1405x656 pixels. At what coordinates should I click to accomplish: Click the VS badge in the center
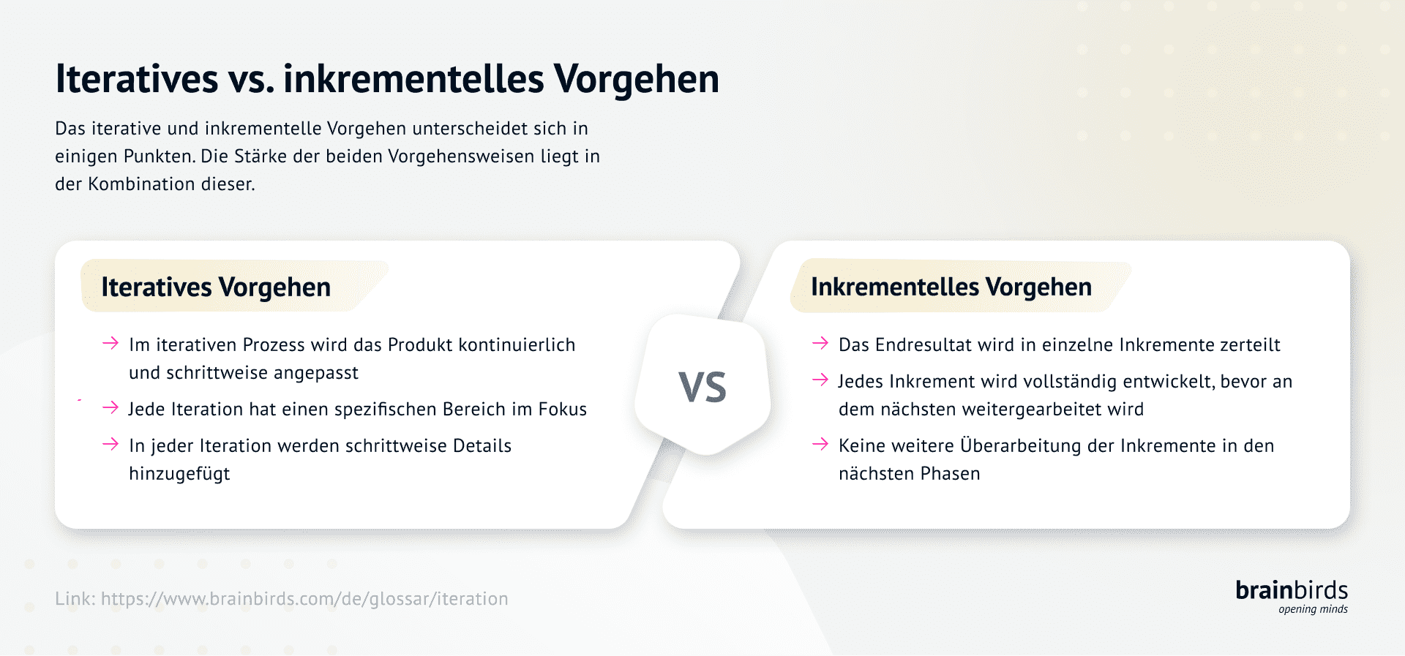click(x=702, y=386)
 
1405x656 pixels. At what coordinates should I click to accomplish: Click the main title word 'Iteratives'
click(x=137, y=79)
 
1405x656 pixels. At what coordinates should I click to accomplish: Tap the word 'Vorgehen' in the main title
click(x=636, y=79)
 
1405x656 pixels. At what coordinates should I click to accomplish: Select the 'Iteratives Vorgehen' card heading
click(x=216, y=287)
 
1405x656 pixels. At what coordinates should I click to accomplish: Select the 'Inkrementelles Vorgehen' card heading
click(x=951, y=287)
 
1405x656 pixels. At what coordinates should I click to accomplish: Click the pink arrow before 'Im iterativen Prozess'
click(x=110, y=344)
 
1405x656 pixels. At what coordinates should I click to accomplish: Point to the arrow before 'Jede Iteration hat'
click(x=110, y=407)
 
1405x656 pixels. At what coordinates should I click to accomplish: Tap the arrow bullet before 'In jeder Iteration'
click(x=110, y=444)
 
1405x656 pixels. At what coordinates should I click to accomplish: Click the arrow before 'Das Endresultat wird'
click(x=820, y=344)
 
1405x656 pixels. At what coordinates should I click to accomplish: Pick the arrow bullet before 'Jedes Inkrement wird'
click(x=820, y=380)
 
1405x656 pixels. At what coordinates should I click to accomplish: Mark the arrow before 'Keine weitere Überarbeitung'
click(x=820, y=444)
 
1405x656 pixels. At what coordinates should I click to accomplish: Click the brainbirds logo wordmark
click(x=1292, y=590)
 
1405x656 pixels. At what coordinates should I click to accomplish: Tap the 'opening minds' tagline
click(x=1313, y=609)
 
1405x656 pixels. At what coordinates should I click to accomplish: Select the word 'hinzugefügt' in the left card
click(x=179, y=474)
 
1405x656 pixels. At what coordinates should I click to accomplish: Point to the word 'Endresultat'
click(x=923, y=345)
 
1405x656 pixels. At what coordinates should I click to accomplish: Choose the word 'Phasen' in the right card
click(x=950, y=474)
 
